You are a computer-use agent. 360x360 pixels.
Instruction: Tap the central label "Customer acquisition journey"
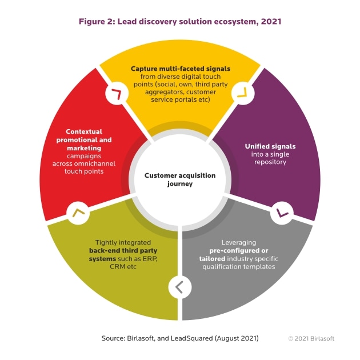(x=180, y=180)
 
